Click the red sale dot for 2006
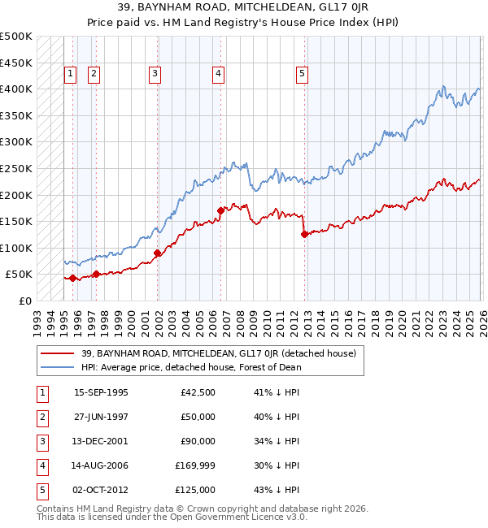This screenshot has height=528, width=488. pyautogui.click(x=220, y=210)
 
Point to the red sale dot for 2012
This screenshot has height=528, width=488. pyautogui.click(x=304, y=235)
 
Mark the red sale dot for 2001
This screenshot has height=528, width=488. pyautogui.click(x=157, y=253)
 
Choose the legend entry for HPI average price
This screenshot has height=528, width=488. pyautogui.click(x=191, y=367)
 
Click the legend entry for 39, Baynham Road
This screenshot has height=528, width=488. pyautogui.click(x=218, y=353)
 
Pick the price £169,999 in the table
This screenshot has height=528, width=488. pyautogui.click(x=194, y=465)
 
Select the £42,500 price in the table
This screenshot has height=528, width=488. pyautogui.click(x=196, y=392)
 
